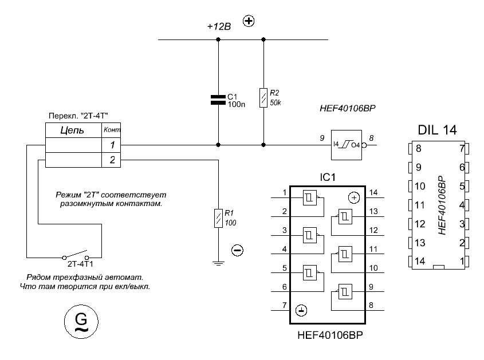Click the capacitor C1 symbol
(x=218, y=99)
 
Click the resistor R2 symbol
(x=263, y=98)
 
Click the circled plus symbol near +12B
(x=249, y=22)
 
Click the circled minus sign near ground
(x=238, y=250)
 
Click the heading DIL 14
(x=437, y=130)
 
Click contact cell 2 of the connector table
(x=112, y=160)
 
